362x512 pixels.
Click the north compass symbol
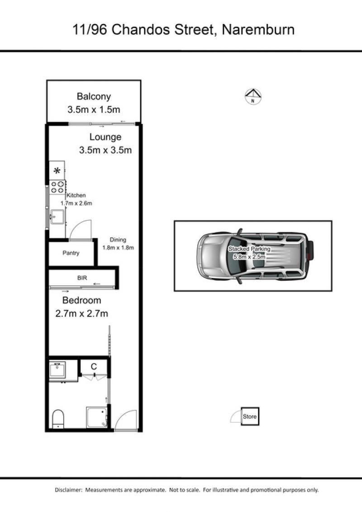[x=253, y=97]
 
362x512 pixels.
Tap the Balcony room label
[x=94, y=96]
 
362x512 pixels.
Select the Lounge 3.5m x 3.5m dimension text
[x=105, y=150]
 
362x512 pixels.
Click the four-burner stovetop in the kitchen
[x=57, y=187]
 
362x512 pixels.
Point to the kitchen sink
[x=57, y=217]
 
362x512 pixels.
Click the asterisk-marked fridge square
[x=57, y=170]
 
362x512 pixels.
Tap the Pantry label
[x=71, y=253]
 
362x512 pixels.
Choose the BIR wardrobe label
[x=82, y=278]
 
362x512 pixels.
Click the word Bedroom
[x=81, y=300]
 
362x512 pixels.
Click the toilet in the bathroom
[x=58, y=419]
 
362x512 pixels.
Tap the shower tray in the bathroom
[x=97, y=417]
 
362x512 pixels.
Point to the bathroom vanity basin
[x=57, y=370]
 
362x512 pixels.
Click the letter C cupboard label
[x=94, y=367]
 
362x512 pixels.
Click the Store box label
[x=250, y=416]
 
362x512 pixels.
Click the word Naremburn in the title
[x=258, y=30]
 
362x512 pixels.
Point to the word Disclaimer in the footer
[x=68, y=490]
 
